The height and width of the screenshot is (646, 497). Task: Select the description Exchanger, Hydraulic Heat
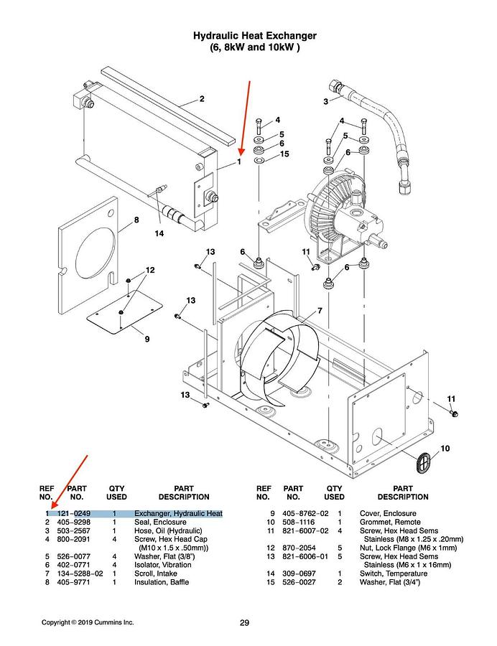click(x=178, y=513)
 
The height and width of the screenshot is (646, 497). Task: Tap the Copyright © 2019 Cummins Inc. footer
click(x=87, y=622)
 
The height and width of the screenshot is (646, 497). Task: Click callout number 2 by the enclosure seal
click(x=202, y=98)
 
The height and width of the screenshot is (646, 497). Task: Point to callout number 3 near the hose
click(x=325, y=102)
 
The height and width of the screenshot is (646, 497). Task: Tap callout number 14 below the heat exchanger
click(x=159, y=233)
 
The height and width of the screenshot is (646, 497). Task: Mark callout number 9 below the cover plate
click(x=147, y=338)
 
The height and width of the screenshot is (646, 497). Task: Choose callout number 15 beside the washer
click(x=284, y=154)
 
